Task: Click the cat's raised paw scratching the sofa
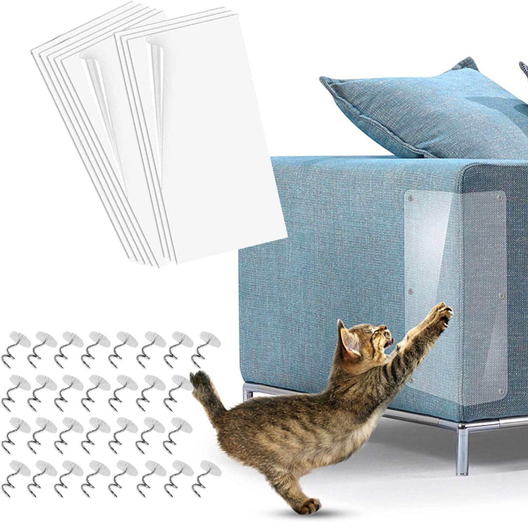(x=442, y=314)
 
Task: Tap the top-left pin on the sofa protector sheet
(x=411, y=198)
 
